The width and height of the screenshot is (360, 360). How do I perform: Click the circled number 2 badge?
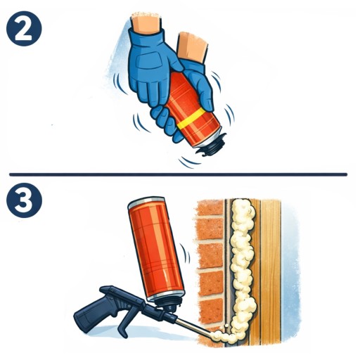[24, 29]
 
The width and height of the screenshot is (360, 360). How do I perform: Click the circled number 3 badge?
[24, 200]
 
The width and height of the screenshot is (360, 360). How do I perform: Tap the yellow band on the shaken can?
[191, 119]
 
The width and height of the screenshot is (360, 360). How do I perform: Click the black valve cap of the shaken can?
[213, 146]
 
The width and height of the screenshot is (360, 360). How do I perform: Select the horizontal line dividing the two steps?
[178, 174]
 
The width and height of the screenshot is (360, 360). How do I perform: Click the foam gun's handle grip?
[94, 314]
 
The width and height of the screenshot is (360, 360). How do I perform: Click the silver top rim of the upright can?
[146, 202]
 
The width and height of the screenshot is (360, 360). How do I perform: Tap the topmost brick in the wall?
[210, 207]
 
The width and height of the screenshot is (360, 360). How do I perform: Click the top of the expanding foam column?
[243, 206]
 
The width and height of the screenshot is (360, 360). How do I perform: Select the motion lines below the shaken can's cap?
[188, 162]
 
